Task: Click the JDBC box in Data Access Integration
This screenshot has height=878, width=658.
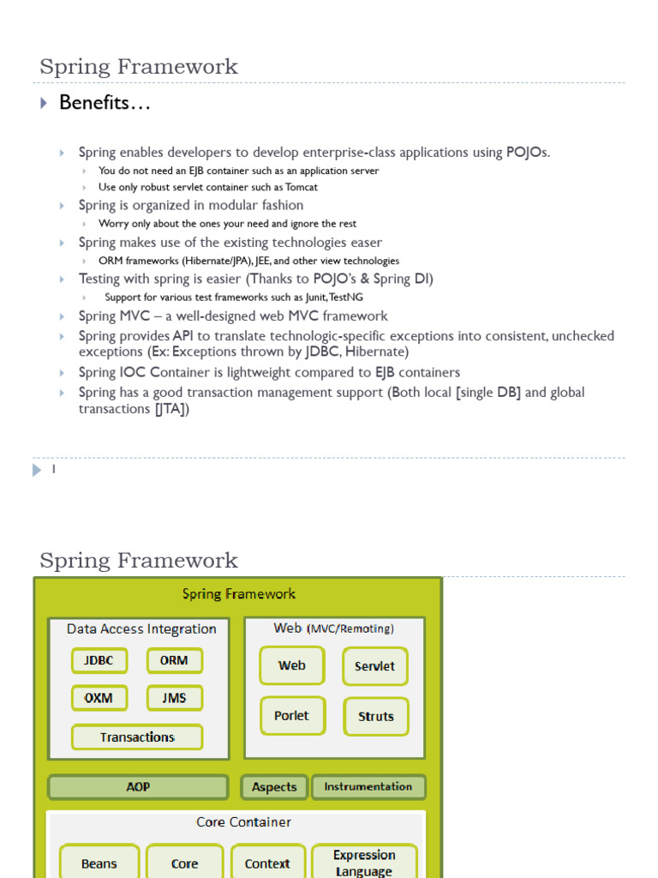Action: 99,661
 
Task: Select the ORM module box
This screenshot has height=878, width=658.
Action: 174,661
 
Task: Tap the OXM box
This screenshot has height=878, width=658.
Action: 99,698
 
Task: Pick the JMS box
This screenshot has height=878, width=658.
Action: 174,698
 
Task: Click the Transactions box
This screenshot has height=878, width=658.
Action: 137,737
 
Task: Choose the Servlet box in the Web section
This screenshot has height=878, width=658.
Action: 375,666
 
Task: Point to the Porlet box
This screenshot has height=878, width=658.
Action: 292,716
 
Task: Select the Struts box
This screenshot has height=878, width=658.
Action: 376,717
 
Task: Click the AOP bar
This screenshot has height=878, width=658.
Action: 138,787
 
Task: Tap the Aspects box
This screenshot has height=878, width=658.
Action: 274,787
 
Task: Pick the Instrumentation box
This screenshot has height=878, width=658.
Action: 368,786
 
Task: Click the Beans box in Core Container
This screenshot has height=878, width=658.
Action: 99,863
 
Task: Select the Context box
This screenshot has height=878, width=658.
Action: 267,863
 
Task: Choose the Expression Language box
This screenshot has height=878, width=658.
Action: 364,863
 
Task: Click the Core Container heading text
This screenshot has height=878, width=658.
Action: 243,822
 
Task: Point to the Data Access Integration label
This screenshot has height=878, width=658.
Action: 141,628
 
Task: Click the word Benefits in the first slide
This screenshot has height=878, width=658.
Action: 93,103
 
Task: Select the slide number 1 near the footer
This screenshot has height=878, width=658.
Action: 53,470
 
